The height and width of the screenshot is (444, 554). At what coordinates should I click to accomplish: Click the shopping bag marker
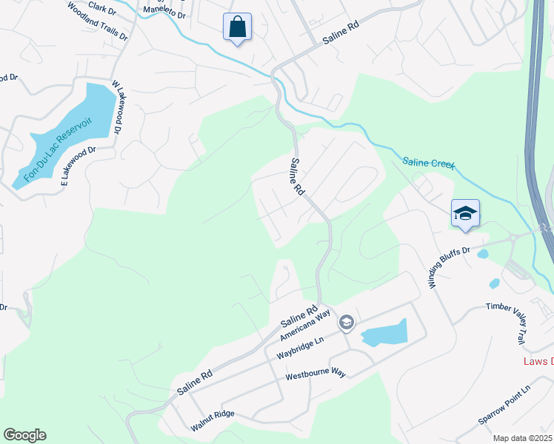point(237,27)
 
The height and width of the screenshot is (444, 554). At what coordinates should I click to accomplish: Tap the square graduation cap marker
point(465,214)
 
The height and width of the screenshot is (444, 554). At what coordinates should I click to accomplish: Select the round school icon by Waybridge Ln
point(346,323)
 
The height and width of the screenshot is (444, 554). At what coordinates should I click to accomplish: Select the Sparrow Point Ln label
point(504,404)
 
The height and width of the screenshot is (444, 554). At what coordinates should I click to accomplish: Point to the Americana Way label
point(304,326)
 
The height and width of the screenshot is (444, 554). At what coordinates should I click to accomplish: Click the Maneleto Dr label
point(163,11)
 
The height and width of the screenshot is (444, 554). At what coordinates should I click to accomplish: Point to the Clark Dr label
point(102,7)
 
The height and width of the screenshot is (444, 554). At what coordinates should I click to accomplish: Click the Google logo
point(24,435)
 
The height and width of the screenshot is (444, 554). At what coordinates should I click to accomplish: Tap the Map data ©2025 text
point(521,438)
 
